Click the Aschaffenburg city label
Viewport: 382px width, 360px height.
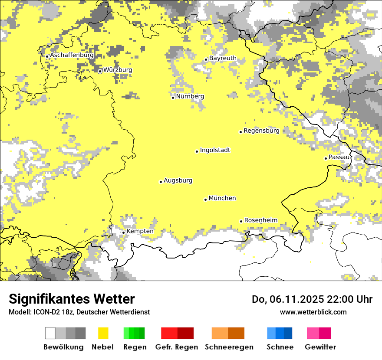[x=72, y=56]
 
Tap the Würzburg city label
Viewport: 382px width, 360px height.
[x=118, y=70]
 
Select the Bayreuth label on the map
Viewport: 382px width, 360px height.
[x=223, y=58]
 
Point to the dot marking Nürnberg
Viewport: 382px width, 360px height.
[x=173, y=98]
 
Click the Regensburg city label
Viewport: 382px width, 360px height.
[x=261, y=131]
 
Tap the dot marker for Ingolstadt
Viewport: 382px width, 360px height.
[x=197, y=151]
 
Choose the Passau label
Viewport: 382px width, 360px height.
[x=339, y=157]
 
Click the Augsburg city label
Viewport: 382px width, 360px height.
[x=178, y=180]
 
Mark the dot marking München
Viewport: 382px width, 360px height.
[x=205, y=200]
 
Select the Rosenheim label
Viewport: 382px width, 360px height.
[x=260, y=220]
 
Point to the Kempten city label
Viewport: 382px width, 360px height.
[x=140, y=231]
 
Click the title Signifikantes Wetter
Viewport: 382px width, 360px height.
[x=72, y=299]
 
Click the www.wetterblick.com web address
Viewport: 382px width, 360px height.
[x=313, y=312]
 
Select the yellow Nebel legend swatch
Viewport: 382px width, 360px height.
[x=103, y=333]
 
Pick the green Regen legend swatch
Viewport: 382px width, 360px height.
[x=134, y=333]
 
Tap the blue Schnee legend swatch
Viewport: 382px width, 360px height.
[x=280, y=333]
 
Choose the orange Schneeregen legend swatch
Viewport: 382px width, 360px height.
[x=228, y=333]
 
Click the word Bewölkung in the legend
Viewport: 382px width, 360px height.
[x=63, y=347]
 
